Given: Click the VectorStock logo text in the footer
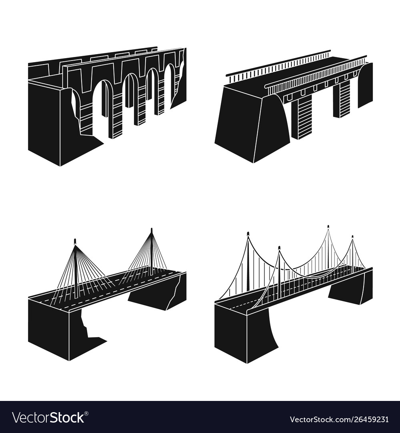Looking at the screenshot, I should pyautogui.click(x=48, y=417).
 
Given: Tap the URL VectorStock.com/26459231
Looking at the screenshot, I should pyautogui.click(x=339, y=419).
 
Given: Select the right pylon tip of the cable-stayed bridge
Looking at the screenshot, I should pyautogui.click(x=151, y=230).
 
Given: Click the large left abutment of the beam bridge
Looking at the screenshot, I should pyautogui.click(x=252, y=124).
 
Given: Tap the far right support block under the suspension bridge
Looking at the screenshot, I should pyautogui.click(x=352, y=289).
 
